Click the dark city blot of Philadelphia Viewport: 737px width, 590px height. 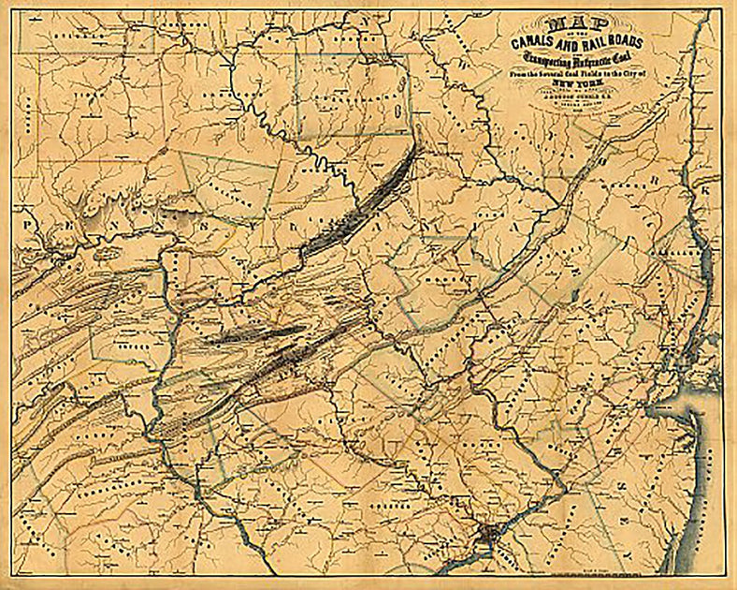pos(487,538)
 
